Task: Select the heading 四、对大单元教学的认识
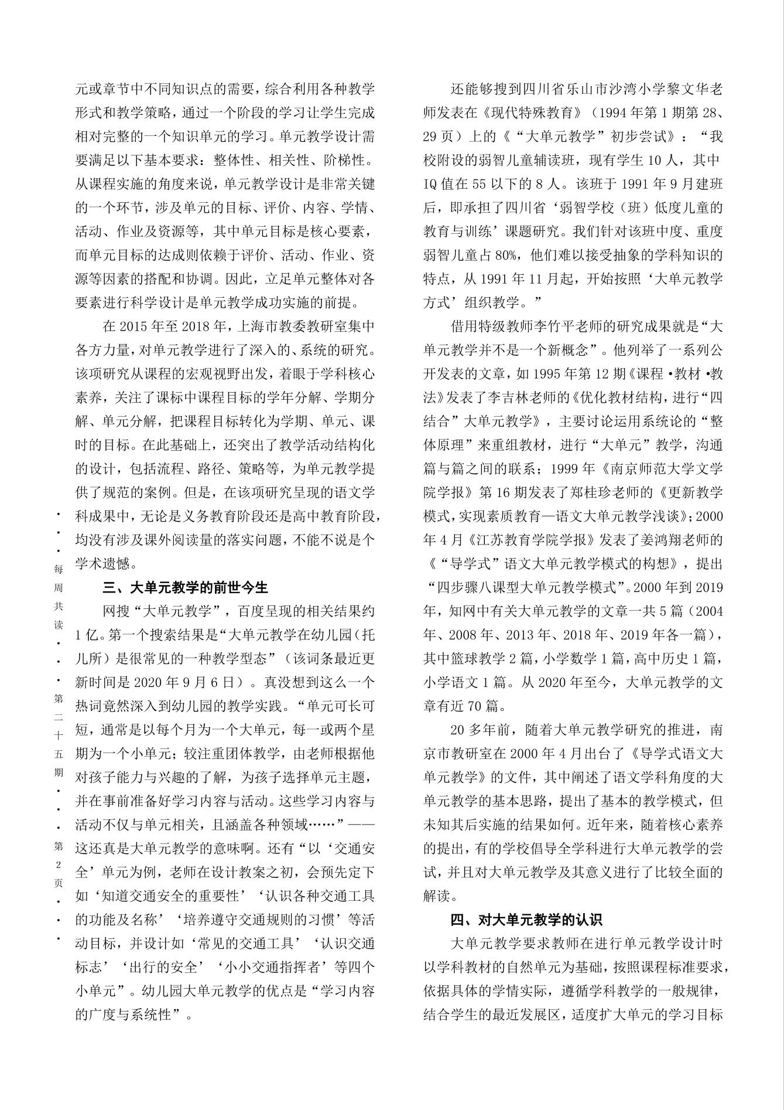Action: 526,920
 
